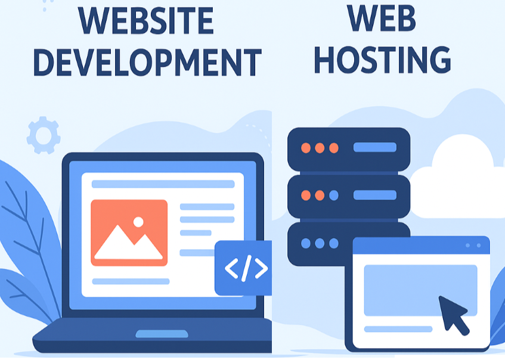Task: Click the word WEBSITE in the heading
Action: [x=145, y=21]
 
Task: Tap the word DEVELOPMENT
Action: [x=147, y=63]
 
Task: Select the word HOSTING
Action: [x=382, y=60]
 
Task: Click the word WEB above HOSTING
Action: [x=382, y=18]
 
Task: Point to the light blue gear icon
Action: [x=44, y=135]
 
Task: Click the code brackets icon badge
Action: [x=243, y=268]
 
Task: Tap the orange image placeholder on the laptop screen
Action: [x=129, y=233]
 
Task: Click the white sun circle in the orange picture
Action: [x=138, y=222]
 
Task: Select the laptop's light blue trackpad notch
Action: [x=162, y=334]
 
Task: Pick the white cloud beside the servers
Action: [x=457, y=181]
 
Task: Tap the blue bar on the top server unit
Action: [x=375, y=147]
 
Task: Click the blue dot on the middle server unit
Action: [x=334, y=195]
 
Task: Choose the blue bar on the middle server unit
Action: [x=375, y=195]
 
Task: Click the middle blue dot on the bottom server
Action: [x=320, y=243]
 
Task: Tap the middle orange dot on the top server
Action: [x=320, y=148]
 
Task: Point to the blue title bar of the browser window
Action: [x=422, y=246]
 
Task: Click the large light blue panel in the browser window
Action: [x=420, y=290]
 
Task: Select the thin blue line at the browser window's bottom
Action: [x=398, y=329]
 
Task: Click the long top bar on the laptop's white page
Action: [x=163, y=184]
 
